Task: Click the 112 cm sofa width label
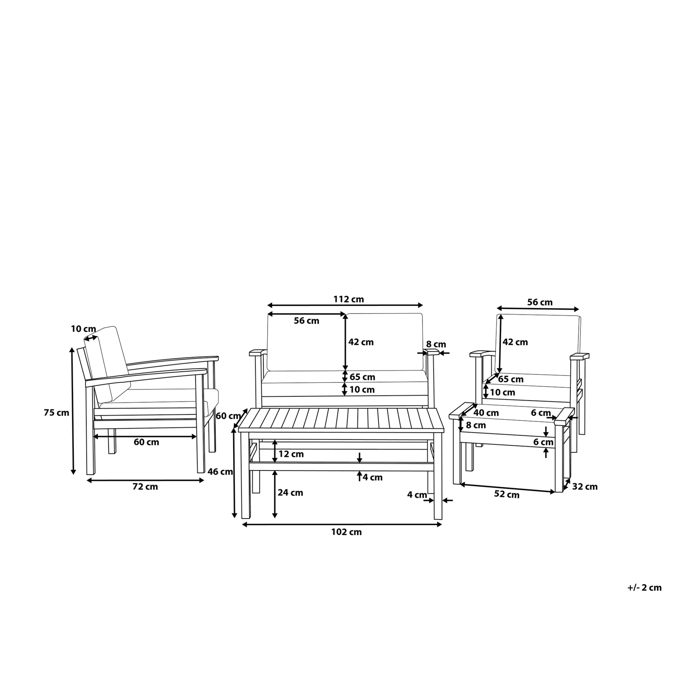pyautogui.click(x=348, y=299)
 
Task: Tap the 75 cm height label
pyautogui.click(x=56, y=413)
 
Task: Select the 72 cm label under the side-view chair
pyautogui.click(x=145, y=487)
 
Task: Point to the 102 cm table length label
pyautogui.click(x=346, y=532)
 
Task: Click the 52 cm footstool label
pyautogui.click(x=507, y=495)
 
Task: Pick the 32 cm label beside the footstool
pyautogui.click(x=585, y=487)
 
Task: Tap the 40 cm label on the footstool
pyautogui.click(x=486, y=413)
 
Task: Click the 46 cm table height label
pyautogui.click(x=220, y=472)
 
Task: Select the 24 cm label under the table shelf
pyautogui.click(x=290, y=493)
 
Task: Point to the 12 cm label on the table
pyautogui.click(x=291, y=454)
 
